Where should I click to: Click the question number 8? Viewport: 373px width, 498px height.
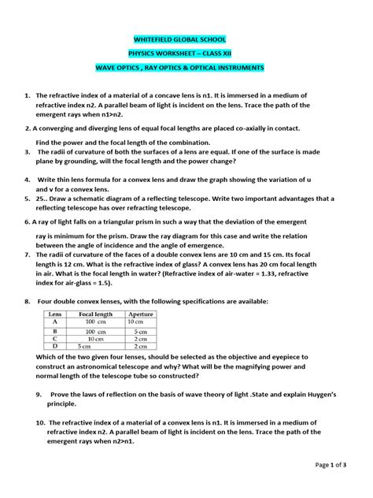point(28,302)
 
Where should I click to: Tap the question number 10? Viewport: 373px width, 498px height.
point(28,422)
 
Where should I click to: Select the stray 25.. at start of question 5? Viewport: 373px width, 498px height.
point(44,199)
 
